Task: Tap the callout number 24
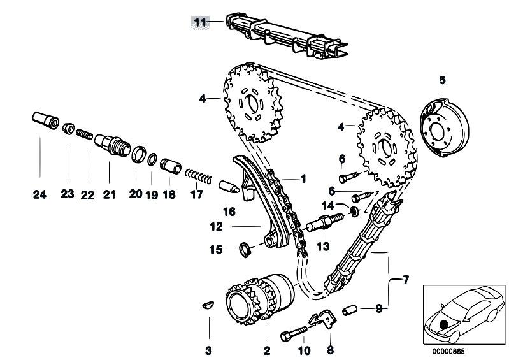point(39,196)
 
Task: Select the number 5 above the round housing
point(442,80)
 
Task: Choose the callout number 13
point(322,245)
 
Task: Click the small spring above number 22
point(85,136)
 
